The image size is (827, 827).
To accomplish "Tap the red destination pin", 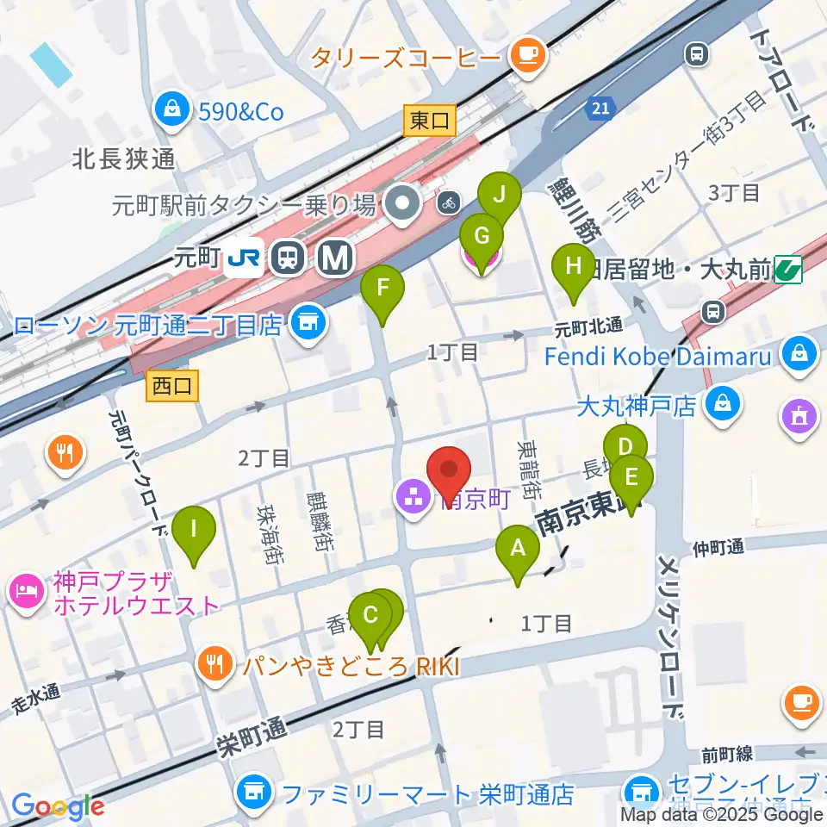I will click(x=450, y=476).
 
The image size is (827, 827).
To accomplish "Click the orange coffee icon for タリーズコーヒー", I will click(x=525, y=57).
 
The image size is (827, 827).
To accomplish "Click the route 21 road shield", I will click(x=600, y=108).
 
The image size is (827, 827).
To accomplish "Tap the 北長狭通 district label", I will click(x=124, y=159).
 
